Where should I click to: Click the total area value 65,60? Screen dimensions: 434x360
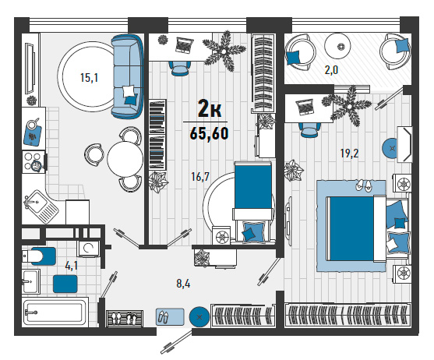(x=209, y=134)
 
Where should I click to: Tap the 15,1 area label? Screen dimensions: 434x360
(x=89, y=78)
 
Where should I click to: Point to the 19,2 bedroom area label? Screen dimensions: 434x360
(x=349, y=153)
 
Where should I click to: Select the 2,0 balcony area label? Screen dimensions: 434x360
(x=331, y=70)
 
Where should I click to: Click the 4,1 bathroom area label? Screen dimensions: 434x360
(x=71, y=266)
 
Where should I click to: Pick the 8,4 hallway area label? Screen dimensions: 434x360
(x=183, y=284)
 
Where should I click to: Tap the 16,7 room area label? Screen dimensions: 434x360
(x=200, y=176)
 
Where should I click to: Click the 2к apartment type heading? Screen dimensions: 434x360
(x=210, y=110)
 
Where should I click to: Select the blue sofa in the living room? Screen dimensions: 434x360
(x=127, y=76)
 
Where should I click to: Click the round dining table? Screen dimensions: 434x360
(x=125, y=158)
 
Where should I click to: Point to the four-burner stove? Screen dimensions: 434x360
(x=33, y=161)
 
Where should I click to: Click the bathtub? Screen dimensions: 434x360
(x=55, y=312)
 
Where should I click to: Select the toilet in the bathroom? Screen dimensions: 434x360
(x=40, y=256)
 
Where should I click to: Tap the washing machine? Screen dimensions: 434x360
(x=89, y=248)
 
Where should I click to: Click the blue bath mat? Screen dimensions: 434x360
(x=65, y=284)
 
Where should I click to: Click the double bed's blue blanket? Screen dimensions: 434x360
(x=351, y=228)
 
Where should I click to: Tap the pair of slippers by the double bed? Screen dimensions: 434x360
(x=364, y=185)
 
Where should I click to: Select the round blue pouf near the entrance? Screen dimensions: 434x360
(x=199, y=317)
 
